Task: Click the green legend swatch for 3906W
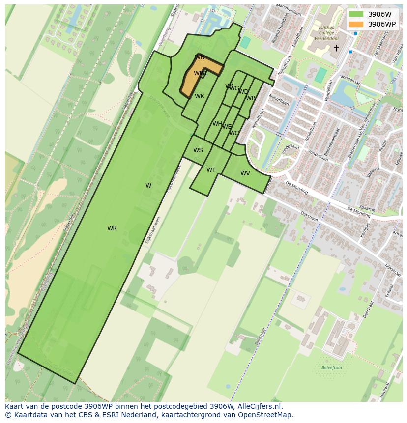355,14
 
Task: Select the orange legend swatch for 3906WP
355,24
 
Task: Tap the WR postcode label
112,228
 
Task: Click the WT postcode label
211,170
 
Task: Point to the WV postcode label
245,173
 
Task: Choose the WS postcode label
198,150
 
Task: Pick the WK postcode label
199,96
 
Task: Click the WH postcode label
217,124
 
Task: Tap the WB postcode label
251,98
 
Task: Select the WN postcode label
200,57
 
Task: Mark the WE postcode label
227,127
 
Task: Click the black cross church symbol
336,48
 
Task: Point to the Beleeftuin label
331,367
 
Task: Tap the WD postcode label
243,92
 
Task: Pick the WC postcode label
234,133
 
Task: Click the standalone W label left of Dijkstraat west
148,185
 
